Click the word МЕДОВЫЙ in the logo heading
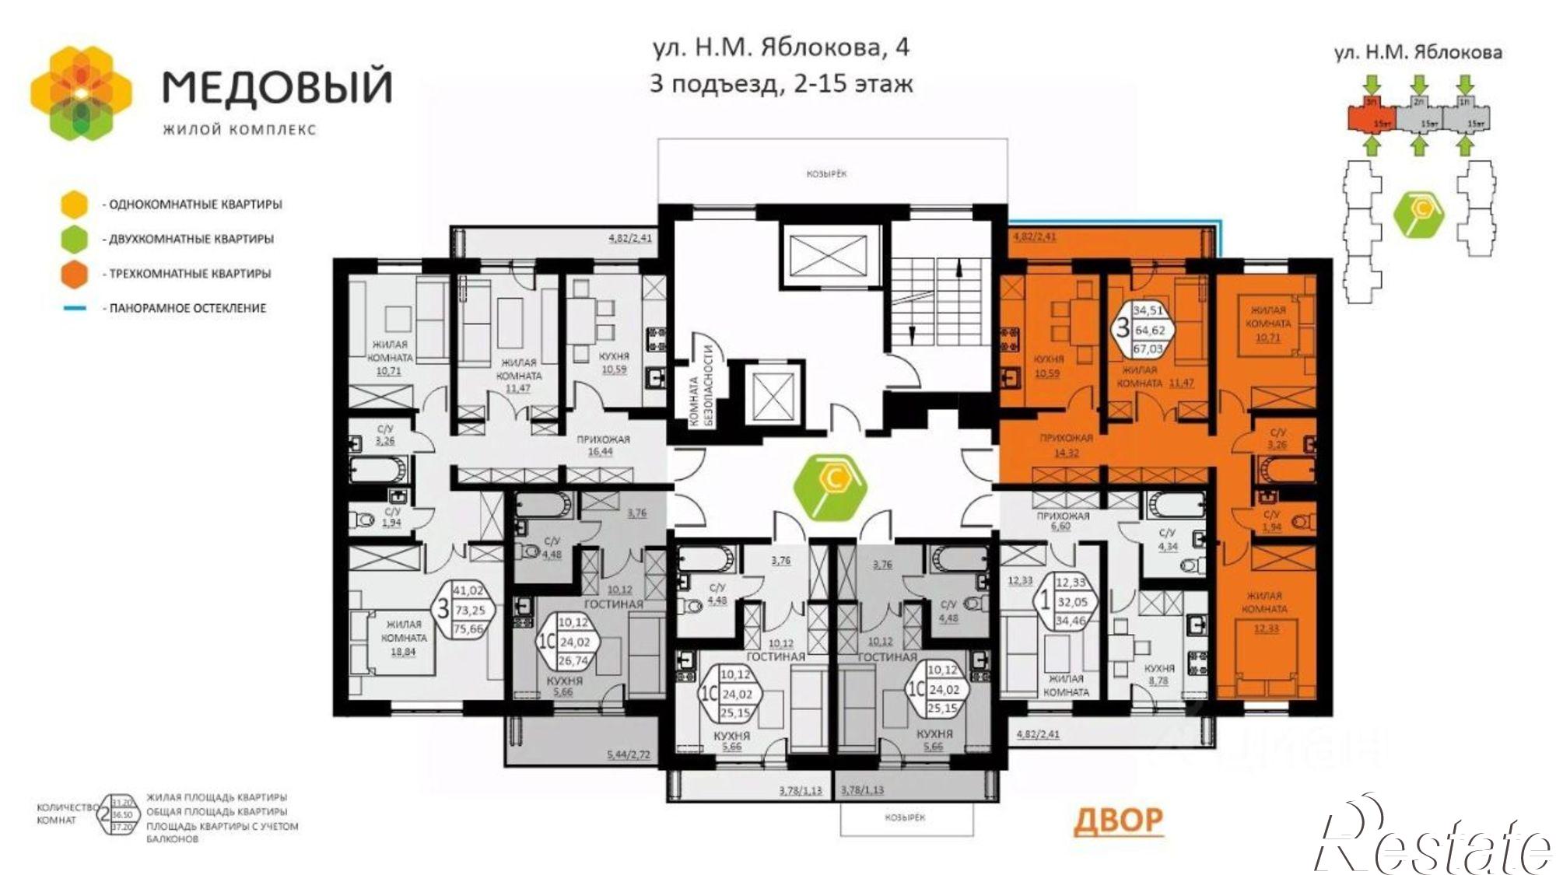[x=277, y=87]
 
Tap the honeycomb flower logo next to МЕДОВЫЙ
[x=81, y=93]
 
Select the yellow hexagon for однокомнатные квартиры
[x=75, y=204]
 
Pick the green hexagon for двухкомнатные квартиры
[x=75, y=239]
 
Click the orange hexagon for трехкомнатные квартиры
[x=75, y=274]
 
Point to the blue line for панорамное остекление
[x=75, y=309]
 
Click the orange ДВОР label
[x=1118, y=821]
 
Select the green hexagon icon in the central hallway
[x=830, y=488]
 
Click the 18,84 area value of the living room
[x=402, y=652]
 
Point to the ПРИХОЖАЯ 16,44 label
[x=602, y=445]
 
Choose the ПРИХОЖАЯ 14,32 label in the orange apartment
[x=1066, y=445]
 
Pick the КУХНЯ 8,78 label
[x=1158, y=674]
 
